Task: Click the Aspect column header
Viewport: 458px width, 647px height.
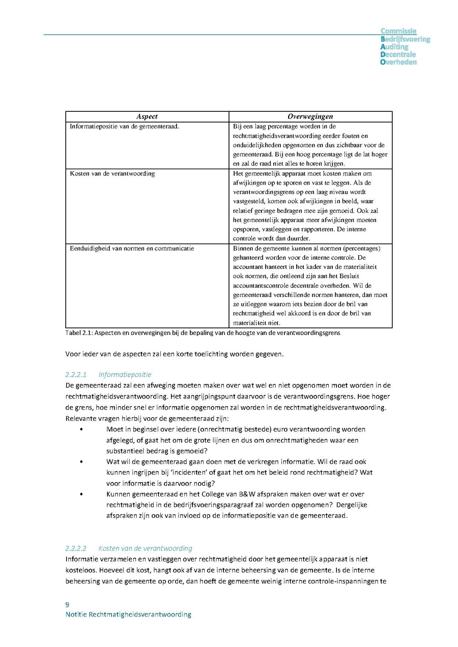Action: click(147, 117)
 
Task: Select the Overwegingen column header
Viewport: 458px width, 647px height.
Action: click(310, 117)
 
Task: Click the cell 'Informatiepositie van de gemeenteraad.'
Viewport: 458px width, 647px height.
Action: click(124, 127)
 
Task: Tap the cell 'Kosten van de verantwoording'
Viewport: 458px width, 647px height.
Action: click(112, 173)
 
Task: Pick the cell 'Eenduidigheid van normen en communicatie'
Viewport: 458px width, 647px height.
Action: click(132, 249)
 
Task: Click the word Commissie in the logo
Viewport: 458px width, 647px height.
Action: click(398, 32)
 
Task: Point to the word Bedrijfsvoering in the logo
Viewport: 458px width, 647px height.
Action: click(405, 39)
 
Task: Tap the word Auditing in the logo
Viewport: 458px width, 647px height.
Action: click(394, 47)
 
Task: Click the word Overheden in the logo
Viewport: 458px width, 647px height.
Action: click(398, 62)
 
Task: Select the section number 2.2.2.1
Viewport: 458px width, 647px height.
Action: click(76, 375)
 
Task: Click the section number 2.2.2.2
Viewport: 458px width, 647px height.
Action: click(76, 548)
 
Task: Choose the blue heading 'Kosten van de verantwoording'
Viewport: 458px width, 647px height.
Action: click(145, 548)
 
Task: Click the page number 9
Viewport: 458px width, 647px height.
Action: click(68, 605)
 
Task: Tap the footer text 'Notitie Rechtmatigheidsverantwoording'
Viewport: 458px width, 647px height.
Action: click(128, 614)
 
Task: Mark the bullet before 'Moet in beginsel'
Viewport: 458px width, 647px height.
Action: click(81, 429)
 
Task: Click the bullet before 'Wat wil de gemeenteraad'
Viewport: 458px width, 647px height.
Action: click(81, 461)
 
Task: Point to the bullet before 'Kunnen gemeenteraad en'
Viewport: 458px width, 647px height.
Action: click(81, 494)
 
